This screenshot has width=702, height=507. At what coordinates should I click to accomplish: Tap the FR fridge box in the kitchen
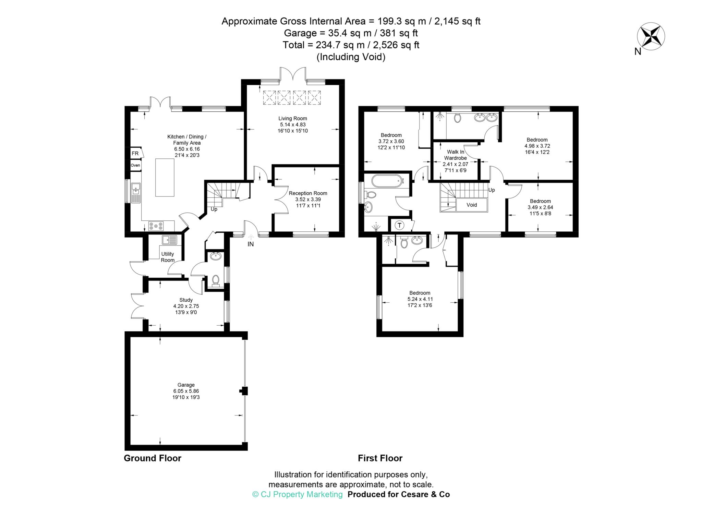[135, 153]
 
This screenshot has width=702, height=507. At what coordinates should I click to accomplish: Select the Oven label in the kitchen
[135, 165]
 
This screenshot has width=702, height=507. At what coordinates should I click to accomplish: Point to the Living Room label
[292, 119]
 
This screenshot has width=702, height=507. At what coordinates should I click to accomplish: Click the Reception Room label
[308, 193]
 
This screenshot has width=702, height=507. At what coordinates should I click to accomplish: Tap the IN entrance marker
[251, 244]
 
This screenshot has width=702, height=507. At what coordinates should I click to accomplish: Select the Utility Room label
[168, 257]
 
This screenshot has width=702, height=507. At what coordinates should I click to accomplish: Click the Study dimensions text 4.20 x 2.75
[186, 306]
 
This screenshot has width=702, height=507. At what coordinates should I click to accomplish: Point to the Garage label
[186, 385]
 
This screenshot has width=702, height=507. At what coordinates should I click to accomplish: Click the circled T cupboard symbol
[399, 225]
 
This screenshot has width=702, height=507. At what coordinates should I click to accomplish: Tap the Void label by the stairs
[472, 205]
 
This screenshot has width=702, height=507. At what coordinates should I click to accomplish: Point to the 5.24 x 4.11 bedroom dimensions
[420, 299]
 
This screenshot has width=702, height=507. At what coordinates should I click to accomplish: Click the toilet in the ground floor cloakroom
[216, 280]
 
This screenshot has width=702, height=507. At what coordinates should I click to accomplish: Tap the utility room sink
[169, 240]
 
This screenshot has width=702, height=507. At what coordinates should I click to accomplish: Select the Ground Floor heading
[152, 458]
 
